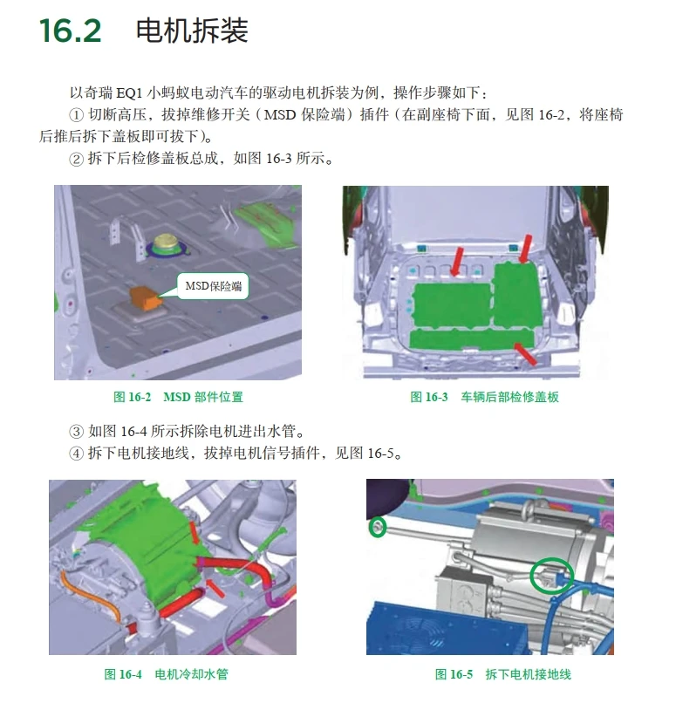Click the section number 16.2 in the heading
coord(71,31)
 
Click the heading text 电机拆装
coord(192,31)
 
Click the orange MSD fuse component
coord(144,298)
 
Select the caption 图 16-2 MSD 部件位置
coord(178,398)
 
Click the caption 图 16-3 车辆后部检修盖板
coord(484,398)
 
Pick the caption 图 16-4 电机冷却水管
coord(166,674)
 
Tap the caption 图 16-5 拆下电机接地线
coord(503,674)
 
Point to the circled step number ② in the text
coord(75,159)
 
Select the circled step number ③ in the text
coord(75,432)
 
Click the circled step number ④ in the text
coord(75,454)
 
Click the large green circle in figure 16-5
coord(553,577)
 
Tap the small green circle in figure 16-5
coord(377,527)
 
